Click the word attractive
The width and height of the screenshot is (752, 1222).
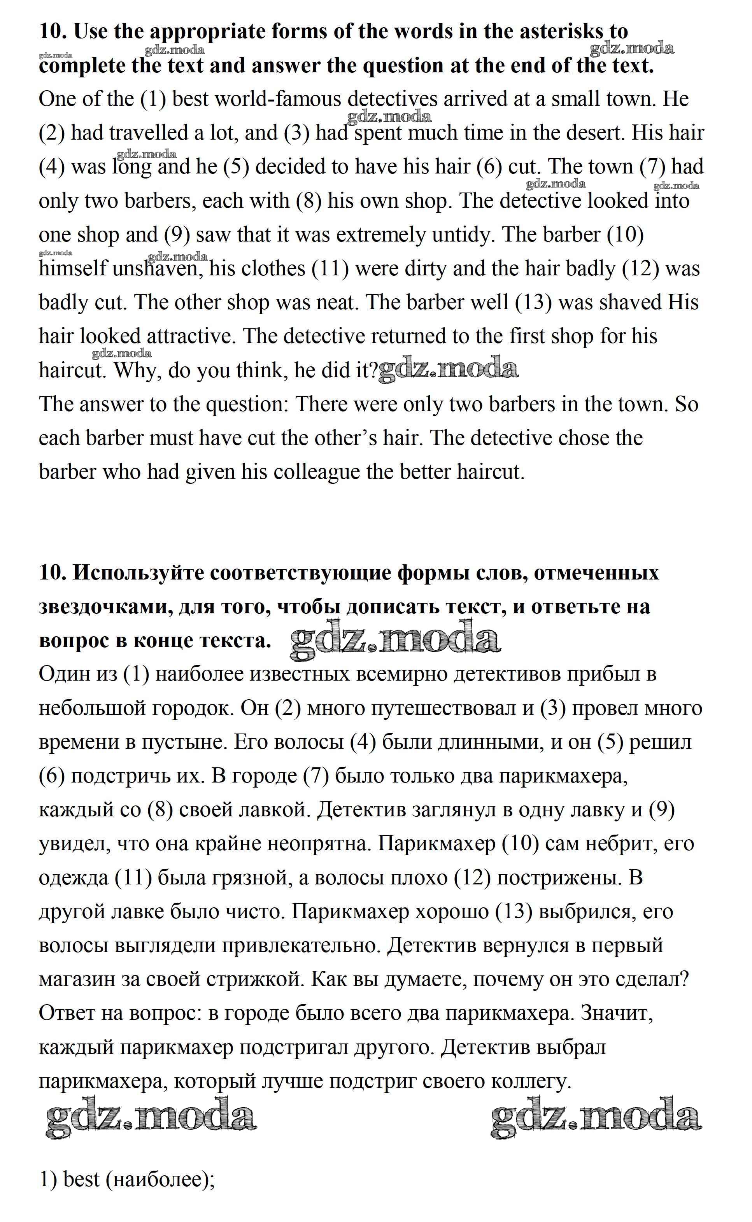click(x=189, y=336)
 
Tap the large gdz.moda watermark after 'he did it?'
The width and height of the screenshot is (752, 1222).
click(x=449, y=370)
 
